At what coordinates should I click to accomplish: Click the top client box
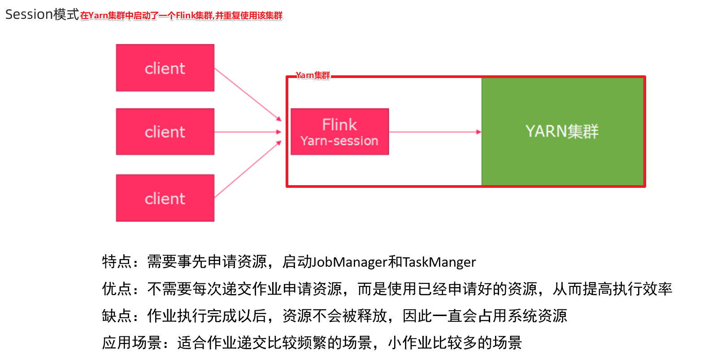coord(165,68)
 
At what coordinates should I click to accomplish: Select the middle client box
coord(165,132)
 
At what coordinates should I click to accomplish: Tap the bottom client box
coord(165,198)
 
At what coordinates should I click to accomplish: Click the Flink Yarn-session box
coord(339,132)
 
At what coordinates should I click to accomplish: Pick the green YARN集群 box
coord(562,131)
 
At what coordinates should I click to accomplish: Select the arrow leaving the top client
coord(248,94)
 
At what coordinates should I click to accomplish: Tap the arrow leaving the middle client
coord(248,132)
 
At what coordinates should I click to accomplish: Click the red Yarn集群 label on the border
coord(313,75)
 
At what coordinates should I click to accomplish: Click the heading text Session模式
coord(42,14)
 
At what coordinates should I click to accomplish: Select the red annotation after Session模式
coord(181,16)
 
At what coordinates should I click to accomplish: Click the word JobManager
coord(350,262)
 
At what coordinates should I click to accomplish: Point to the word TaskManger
coord(439,262)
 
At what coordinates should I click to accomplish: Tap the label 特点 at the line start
coord(117,262)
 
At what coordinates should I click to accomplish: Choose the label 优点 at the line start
coord(117,289)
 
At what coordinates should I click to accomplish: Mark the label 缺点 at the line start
coord(117,316)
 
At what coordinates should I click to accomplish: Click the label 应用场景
coord(132,343)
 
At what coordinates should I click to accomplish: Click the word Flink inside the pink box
coord(339,124)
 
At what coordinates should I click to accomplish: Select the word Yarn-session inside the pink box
coord(339,141)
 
